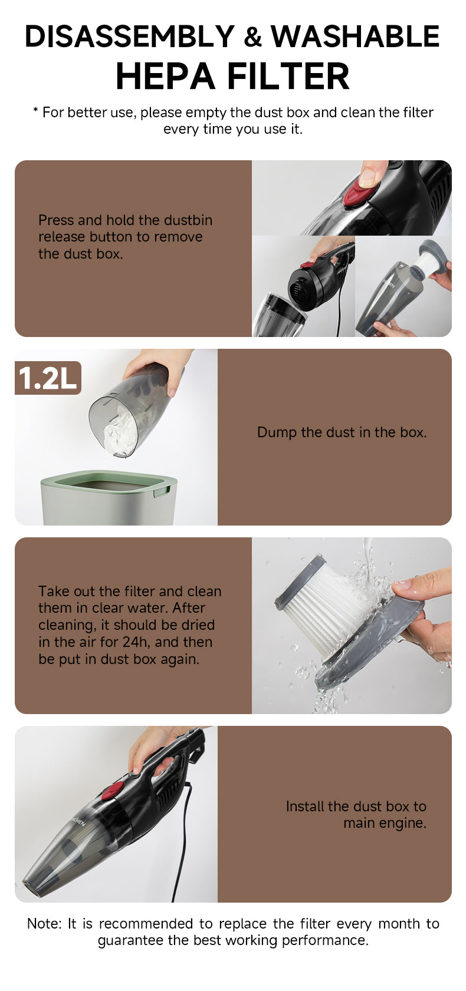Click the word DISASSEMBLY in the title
click(x=129, y=37)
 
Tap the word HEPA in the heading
click(x=165, y=77)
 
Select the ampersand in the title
click(x=252, y=37)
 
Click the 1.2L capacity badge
click(x=48, y=378)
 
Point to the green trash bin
click(x=109, y=498)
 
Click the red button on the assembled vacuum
click(x=113, y=791)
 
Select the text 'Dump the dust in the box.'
click(x=342, y=432)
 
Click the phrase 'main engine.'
click(x=385, y=822)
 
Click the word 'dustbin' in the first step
click(x=188, y=220)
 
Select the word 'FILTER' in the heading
click(x=289, y=77)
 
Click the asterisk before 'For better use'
click(x=35, y=110)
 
